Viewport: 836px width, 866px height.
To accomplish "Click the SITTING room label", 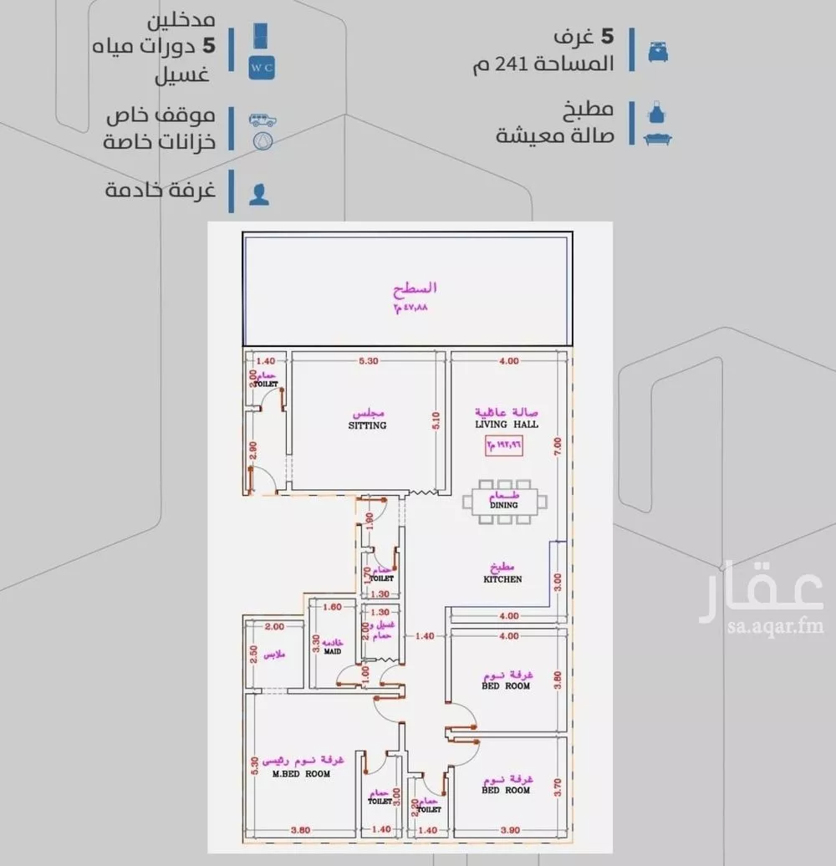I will coord(368,425).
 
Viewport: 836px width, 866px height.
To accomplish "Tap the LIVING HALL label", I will coord(507,424).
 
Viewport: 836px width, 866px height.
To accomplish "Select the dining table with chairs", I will coord(505,502).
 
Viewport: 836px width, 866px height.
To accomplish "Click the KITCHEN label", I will coord(502,578).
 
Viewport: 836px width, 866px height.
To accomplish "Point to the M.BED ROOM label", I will coord(301,773).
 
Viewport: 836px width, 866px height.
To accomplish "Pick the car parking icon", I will coord(263,118).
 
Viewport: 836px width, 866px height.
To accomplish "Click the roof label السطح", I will coord(415,288).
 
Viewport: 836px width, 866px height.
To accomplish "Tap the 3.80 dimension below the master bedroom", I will coord(300,829).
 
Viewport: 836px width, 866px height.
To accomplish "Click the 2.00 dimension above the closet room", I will coord(273,627).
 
